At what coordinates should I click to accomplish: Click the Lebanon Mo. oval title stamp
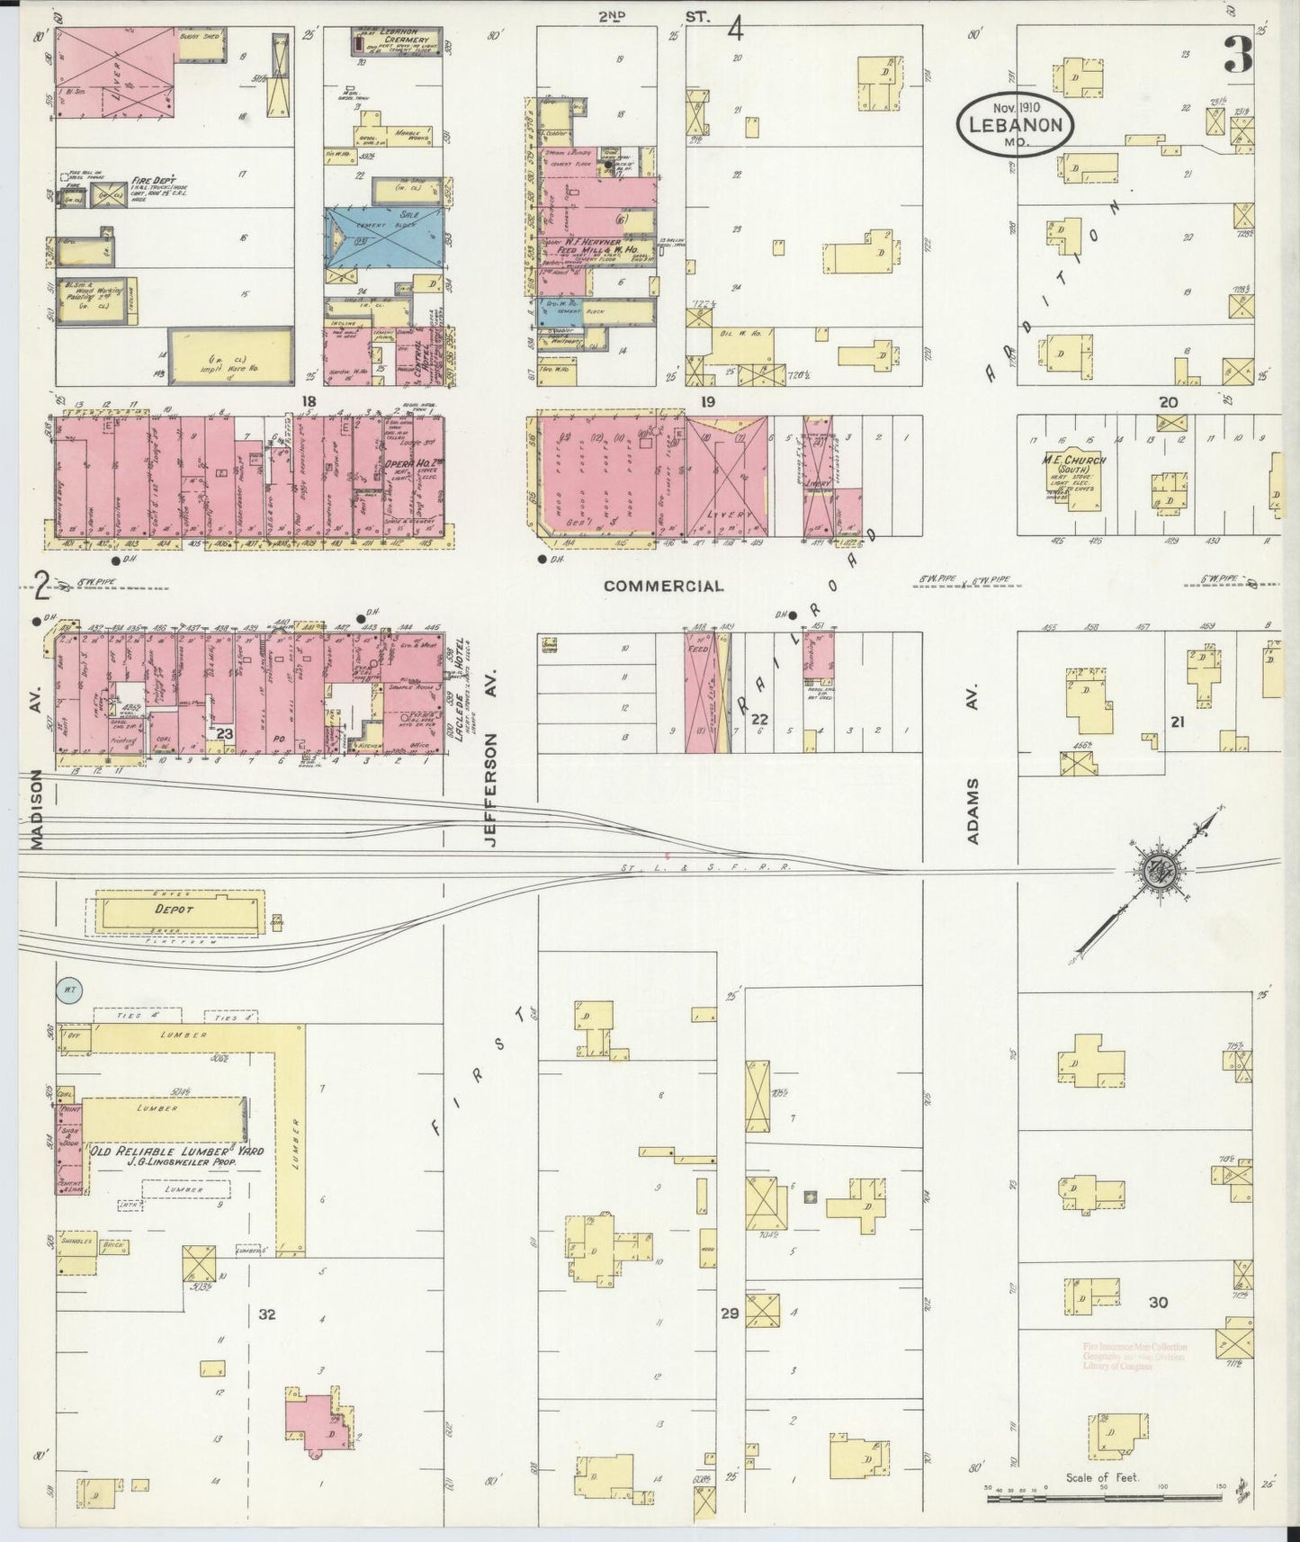click(x=1016, y=125)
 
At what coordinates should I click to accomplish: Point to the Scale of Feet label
click(x=1102, y=1477)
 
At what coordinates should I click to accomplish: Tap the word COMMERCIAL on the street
click(x=663, y=587)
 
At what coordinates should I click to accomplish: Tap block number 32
click(x=266, y=1314)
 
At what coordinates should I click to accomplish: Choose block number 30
click(x=1158, y=1302)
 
